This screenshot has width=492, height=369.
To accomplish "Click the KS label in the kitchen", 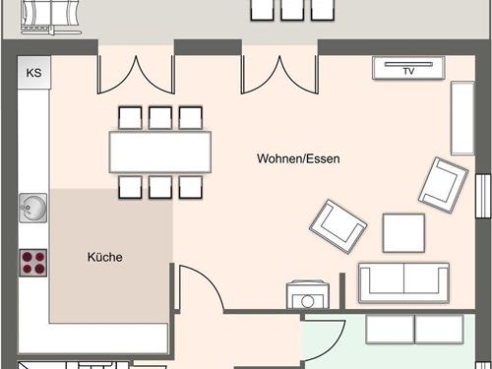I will click(x=33, y=73).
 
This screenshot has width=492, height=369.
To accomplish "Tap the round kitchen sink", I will click(x=31, y=208).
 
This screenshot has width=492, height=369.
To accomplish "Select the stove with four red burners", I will click(x=33, y=262).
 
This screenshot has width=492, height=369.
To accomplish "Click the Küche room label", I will click(x=104, y=258).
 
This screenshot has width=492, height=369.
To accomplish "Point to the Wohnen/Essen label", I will click(x=298, y=158).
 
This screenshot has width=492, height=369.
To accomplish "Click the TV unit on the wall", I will click(x=409, y=69).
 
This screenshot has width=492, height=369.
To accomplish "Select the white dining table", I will click(x=161, y=153).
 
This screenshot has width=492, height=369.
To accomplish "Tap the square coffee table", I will click(x=403, y=233).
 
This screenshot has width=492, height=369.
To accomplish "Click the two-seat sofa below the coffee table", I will click(x=403, y=283).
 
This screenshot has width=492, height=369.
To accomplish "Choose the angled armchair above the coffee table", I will click(x=442, y=184).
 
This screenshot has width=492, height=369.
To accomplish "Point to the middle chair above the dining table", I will click(x=161, y=118).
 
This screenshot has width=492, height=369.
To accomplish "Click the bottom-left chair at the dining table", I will click(x=131, y=187).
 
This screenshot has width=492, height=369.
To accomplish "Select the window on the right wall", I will click(x=483, y=198).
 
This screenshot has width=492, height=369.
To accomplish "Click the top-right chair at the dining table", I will click(x=191, y=118).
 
